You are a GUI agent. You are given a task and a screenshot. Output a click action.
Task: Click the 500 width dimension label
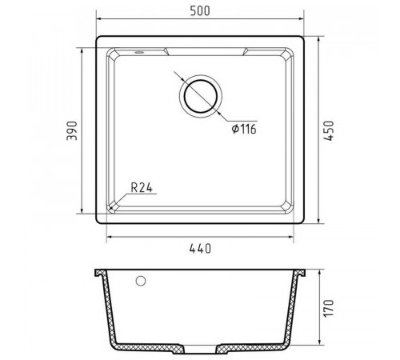tap(200, 11)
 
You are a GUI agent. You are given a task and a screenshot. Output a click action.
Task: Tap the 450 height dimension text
tap(329, 130)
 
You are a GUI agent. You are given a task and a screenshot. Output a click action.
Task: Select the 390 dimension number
tap(72, 130)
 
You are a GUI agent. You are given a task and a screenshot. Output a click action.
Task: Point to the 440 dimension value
tap(200, 249)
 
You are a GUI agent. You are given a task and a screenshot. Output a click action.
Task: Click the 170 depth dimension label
tap(329, 308)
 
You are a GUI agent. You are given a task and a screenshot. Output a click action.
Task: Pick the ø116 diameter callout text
tap(244, 130)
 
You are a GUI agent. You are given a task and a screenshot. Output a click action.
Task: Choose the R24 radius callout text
tap(142, 188)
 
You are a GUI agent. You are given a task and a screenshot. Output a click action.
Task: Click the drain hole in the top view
tap(201, 96)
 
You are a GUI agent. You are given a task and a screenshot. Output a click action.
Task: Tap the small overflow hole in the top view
tap(139, 52)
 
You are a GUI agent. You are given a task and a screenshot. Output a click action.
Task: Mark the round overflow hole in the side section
tap(141, 281)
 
